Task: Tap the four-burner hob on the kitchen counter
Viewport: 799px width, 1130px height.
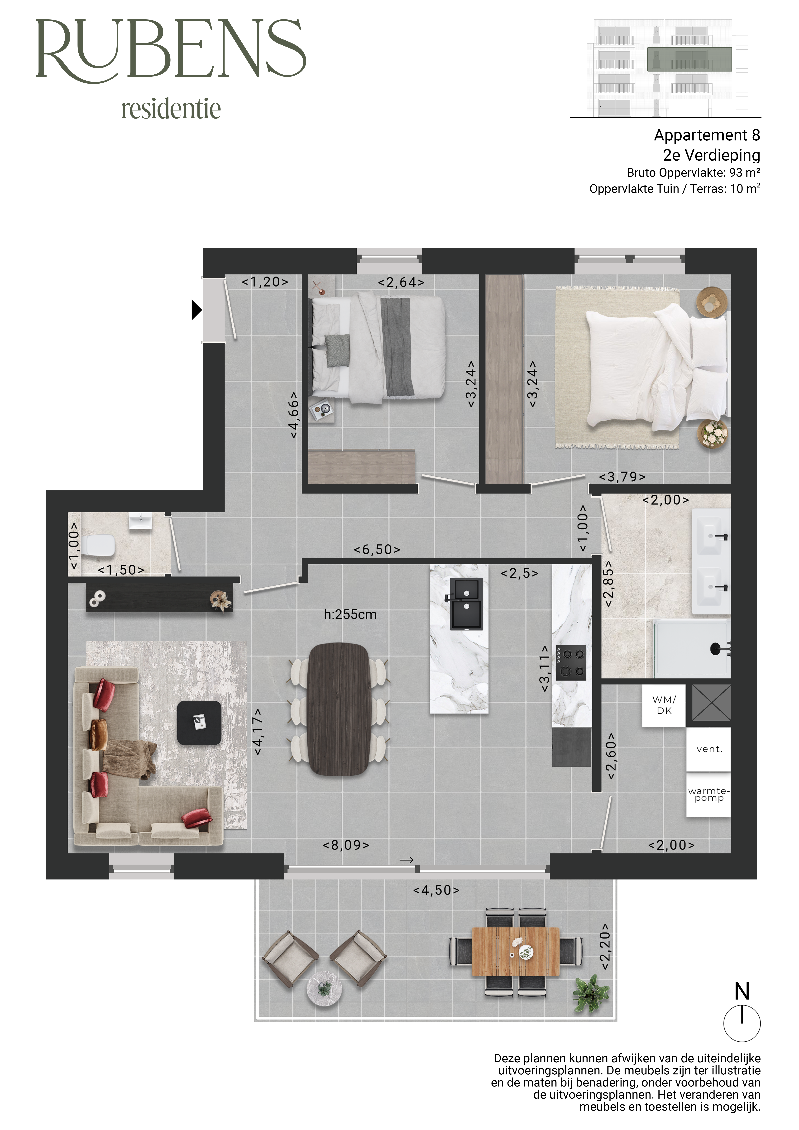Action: coord(571,662)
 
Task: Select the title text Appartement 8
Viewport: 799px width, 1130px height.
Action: coord(707,135)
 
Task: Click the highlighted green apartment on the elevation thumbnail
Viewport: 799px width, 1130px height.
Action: coord(689,60)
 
